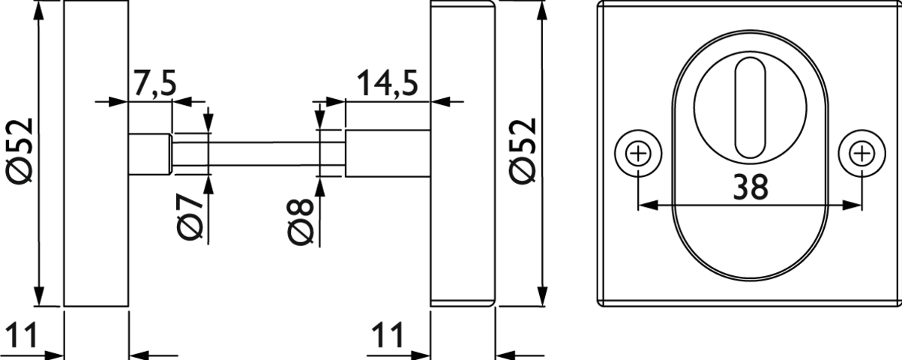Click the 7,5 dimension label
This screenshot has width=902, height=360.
pyautogui.click(x=154, y=83)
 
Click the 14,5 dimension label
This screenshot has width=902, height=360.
pyautogui.click(x=387, y=83)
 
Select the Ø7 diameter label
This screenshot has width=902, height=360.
pyautogui.click(x=191, y=216)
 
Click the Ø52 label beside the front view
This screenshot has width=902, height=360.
pyautogui.click(x=523, y=151)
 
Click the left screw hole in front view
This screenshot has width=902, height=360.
pyautogui.click(x=638, y=154)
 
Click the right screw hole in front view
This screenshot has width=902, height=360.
pyautogui.click(x=862, y=154)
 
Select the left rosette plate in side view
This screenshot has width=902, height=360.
pyautogui.click(x=97, y=154)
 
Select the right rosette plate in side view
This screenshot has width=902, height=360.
pyautogui.click(x=463, y=154)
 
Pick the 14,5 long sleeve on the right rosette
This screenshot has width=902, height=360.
pyautogui.click(x=387, y=154)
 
